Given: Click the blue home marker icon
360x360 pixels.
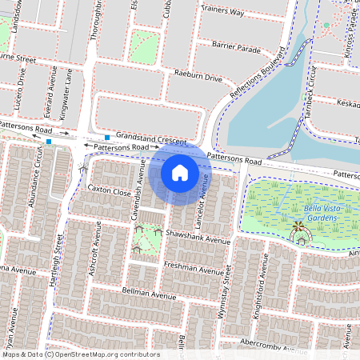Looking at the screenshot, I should click(180, 172).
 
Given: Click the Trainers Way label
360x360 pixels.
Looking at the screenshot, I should click(224, 12).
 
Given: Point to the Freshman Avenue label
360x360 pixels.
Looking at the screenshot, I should click(193, 268).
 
